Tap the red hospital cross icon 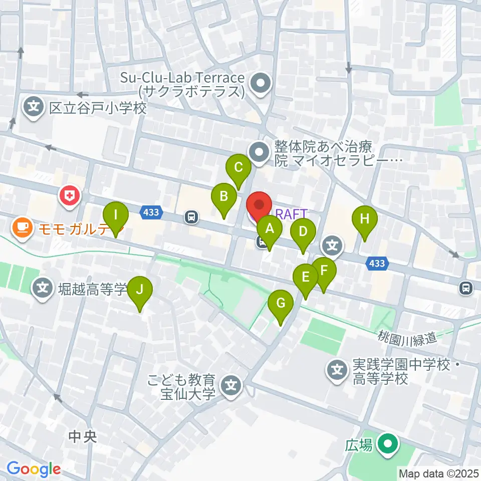pyautogui.click(x=70, y=195)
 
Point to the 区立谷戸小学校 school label pyautogui.click(x=98, y=108)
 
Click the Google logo pyautogui.click(x=34, y=469)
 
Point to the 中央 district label pyautogui.click(x=83, y=437)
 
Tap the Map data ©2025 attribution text pyautogui.click(x=438, y=473)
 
